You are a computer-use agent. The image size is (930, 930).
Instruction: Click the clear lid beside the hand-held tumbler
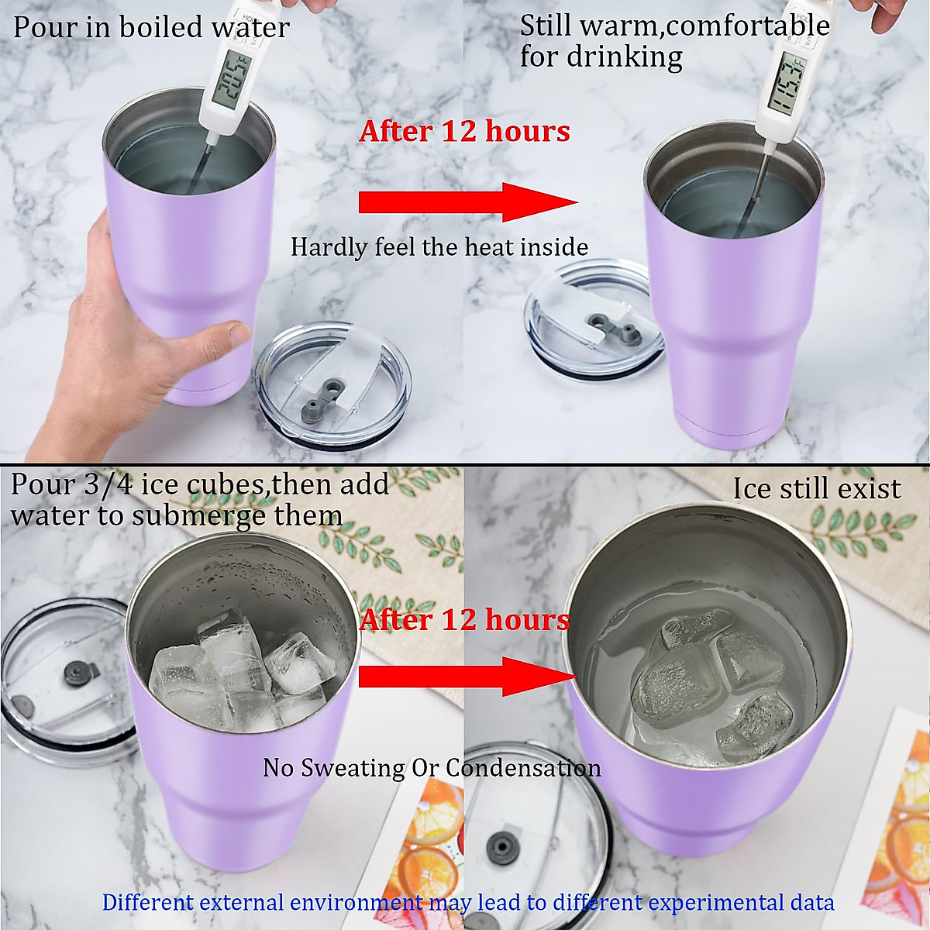tap(333, 387)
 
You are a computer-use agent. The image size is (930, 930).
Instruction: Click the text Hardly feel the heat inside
tap(439, 247)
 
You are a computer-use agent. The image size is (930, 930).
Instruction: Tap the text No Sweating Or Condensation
tap(432, 767)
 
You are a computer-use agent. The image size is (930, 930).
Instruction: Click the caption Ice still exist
tap(817, 489)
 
